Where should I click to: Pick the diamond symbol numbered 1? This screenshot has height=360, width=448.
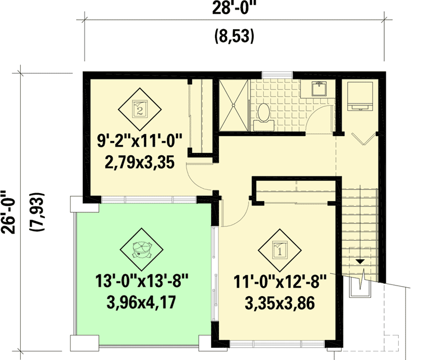tap(279, 249)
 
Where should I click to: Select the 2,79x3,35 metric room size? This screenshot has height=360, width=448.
tap(139, 163)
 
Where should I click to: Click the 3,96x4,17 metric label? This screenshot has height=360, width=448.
tap(141, 303)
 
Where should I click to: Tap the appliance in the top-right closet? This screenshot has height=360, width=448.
tap(359, 95)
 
